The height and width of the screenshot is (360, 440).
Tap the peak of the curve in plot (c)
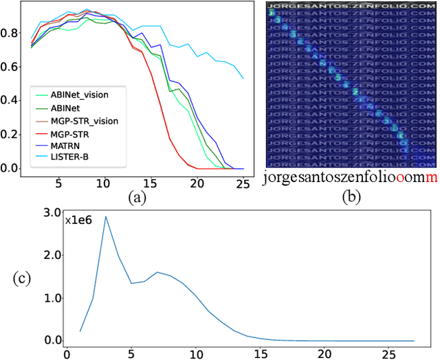pyautogui.click(x=105, y=216)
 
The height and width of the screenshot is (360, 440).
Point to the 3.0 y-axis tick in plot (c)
pyautogui.click(x=52, y=213)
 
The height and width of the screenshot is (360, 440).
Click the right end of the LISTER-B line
pyautogui.click(x=243, y=78)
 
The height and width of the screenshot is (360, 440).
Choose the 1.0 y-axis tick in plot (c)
pyautogui.click(x=52, y=298)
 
